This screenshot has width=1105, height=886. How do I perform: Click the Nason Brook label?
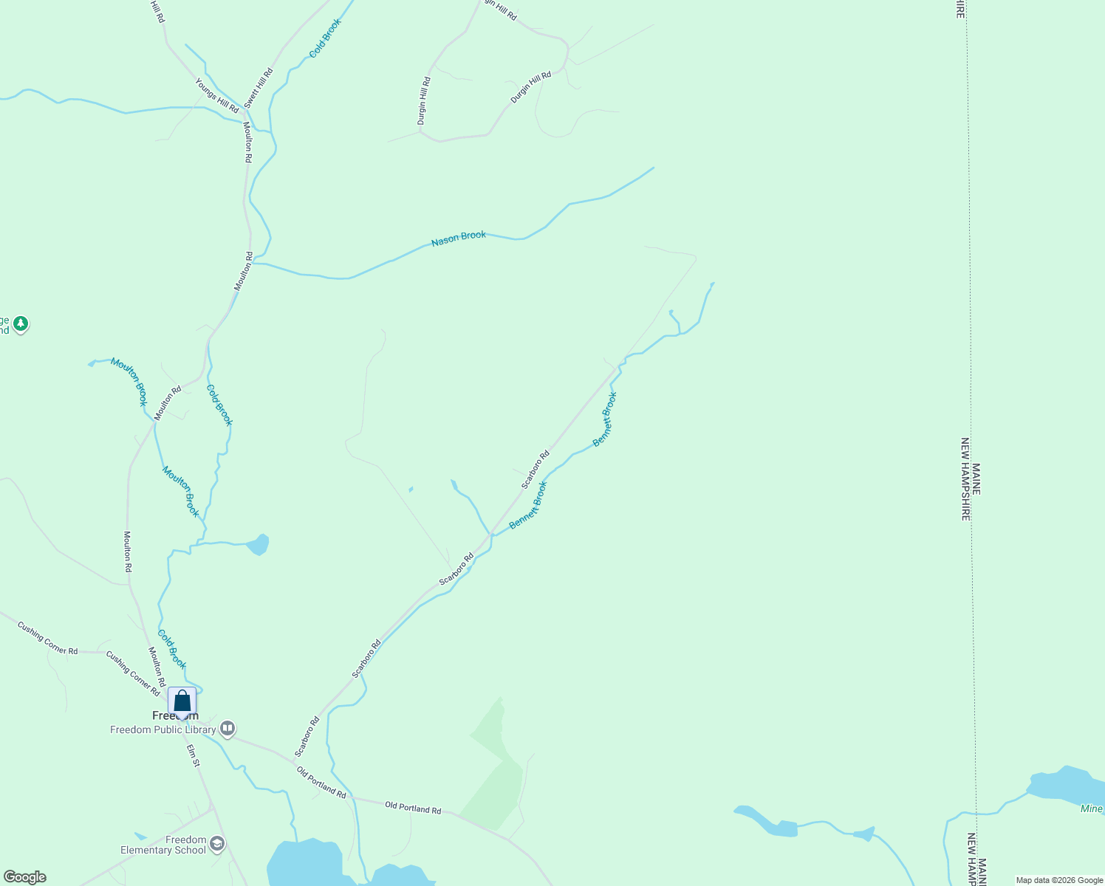pyautogui.click(x=459, y=238)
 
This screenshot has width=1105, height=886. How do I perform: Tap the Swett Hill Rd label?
pyautogui.click(x=259, y=88)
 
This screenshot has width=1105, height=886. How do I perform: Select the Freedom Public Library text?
pyautogui.click(x=163, y=729)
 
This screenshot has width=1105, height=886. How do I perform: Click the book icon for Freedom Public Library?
pyautogui.click(x=227, y=729)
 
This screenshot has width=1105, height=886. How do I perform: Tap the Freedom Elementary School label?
pyautogui.click(x=164, y=845)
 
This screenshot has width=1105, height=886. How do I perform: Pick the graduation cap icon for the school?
pyautogui.click(x=217, y=843)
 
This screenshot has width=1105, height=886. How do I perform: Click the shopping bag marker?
pyautogui.click(x=182, y=701)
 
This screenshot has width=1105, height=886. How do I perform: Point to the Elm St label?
pyautogui.click(x=193, y=755)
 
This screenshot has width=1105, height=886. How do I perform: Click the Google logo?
pyautogui.click(x=25, y=877)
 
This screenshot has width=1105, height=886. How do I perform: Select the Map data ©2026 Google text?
pyautogui.click(x=1059, y=880)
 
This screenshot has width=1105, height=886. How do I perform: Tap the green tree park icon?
pyautogui.click(x=21, y=323)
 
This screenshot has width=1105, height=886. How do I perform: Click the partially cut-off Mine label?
pyautogui.click(x=1092, y=809)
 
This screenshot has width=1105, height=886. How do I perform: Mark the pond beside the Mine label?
pyautogui.click(x=1064, y=786)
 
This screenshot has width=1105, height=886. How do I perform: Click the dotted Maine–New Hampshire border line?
pyautogui.click(x=971, y=295)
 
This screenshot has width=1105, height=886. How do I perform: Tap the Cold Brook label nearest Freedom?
pyautogui.click(x=172, y=649)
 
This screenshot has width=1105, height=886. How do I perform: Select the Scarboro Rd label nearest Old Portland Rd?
pyautogui.click(x=307, y=736)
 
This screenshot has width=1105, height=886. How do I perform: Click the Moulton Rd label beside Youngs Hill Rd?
pyautogui.click(x=248, y=142)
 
